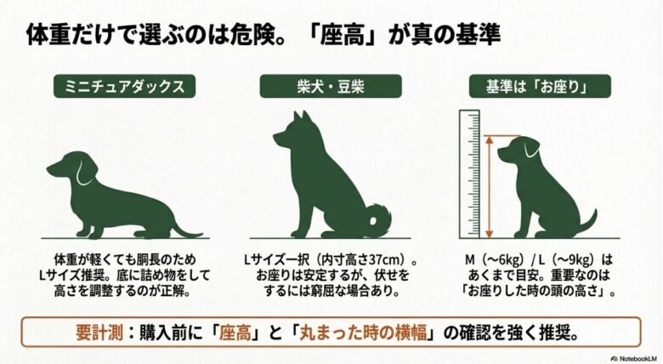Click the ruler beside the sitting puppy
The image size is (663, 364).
pyautogui.click(x=470, y=174)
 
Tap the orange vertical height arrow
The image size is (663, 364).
pyautogui.click(x=490, y=184)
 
